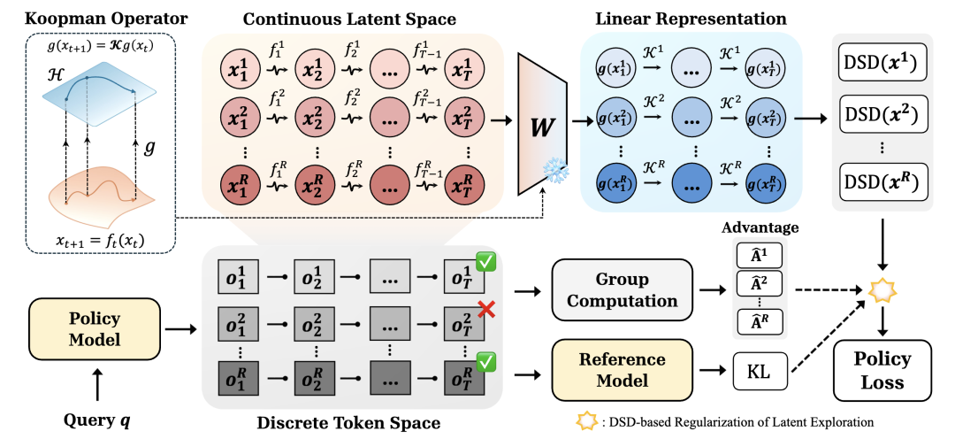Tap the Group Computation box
[x=623, y=290]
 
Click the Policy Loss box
[x=882, y=371]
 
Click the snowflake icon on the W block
[x=554, y=170]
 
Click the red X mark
[x=485, y=311]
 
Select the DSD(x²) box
[x=882, y=113]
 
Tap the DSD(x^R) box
[x=882, y=181]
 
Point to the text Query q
[x=100, y=420]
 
